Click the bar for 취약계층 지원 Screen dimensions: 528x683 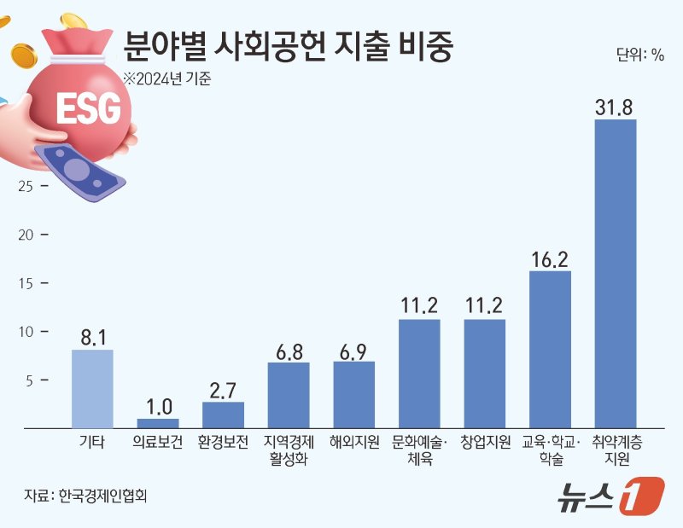616,273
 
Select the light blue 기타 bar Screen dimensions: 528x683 92,388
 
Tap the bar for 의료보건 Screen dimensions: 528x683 158,422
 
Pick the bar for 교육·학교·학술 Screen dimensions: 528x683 550,349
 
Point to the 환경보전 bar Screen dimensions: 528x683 223,415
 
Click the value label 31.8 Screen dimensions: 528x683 616,108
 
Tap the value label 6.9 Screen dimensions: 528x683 353,350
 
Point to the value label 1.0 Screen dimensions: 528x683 158,407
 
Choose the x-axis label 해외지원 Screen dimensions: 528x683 353,443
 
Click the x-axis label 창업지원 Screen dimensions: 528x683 485,443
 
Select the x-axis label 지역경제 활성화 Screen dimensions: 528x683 289,450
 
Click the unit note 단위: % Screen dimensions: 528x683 639,55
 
